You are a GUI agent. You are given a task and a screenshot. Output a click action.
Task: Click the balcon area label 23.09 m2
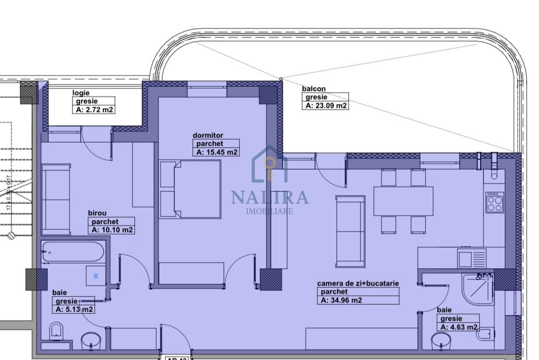click(x=326, y=106)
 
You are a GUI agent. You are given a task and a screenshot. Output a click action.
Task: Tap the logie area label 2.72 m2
click(x=93, y=110)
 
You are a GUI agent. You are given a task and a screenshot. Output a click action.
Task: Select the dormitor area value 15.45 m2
click(x=216, y=152)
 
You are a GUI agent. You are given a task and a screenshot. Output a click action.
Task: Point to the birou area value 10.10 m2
click(x=112, y=230)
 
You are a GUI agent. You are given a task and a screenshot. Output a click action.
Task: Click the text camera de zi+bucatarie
click(x=358, y=283)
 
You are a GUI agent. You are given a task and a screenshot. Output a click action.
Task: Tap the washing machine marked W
click(x=96, y=275)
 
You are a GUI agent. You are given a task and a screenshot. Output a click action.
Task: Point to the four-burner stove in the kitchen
click(x=494, y=202)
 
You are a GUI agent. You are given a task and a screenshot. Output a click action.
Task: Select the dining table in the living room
click(x=403, y=201)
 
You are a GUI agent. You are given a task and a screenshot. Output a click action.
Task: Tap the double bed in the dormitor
click(x=190, y=189)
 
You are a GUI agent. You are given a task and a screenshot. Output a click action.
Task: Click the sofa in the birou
click(x=56, y=200)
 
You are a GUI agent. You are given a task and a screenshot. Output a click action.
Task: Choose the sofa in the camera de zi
click(x=350, y=231)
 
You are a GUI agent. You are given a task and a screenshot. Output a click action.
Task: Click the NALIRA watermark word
click(x=270, y=197)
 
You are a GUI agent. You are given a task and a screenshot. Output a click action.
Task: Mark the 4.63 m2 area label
click(x=459, y=327)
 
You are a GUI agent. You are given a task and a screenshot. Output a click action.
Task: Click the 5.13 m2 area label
click(x=74, y=309)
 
